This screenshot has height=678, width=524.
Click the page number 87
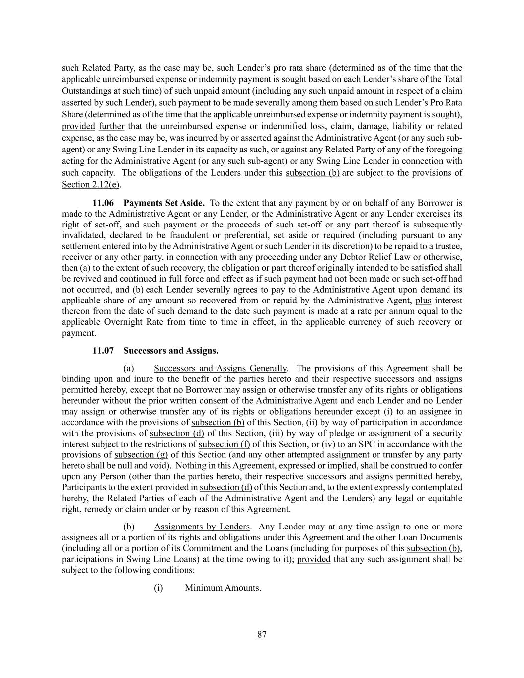[x=262, y=634]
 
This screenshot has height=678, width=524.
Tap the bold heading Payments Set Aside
[x=164, y=203]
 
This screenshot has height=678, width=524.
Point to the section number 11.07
[x=103, y=351]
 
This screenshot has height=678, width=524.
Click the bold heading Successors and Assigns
[x=170, y=351]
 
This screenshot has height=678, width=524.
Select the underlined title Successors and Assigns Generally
[x=220, y=368]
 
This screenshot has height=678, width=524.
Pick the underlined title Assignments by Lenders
[x=202, y=527]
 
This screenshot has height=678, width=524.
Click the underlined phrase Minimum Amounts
[x=222, y=588]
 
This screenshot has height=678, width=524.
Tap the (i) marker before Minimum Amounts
[x=158, y=588]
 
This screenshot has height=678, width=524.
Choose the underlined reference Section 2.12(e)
[x=91, y=184]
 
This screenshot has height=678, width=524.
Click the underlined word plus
[x=423, y=301]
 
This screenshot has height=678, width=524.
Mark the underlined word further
[x=111, y=126]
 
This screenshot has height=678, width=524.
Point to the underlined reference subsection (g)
[x=141, y=455]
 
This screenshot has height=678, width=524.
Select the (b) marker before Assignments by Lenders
[x=129, y=527]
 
